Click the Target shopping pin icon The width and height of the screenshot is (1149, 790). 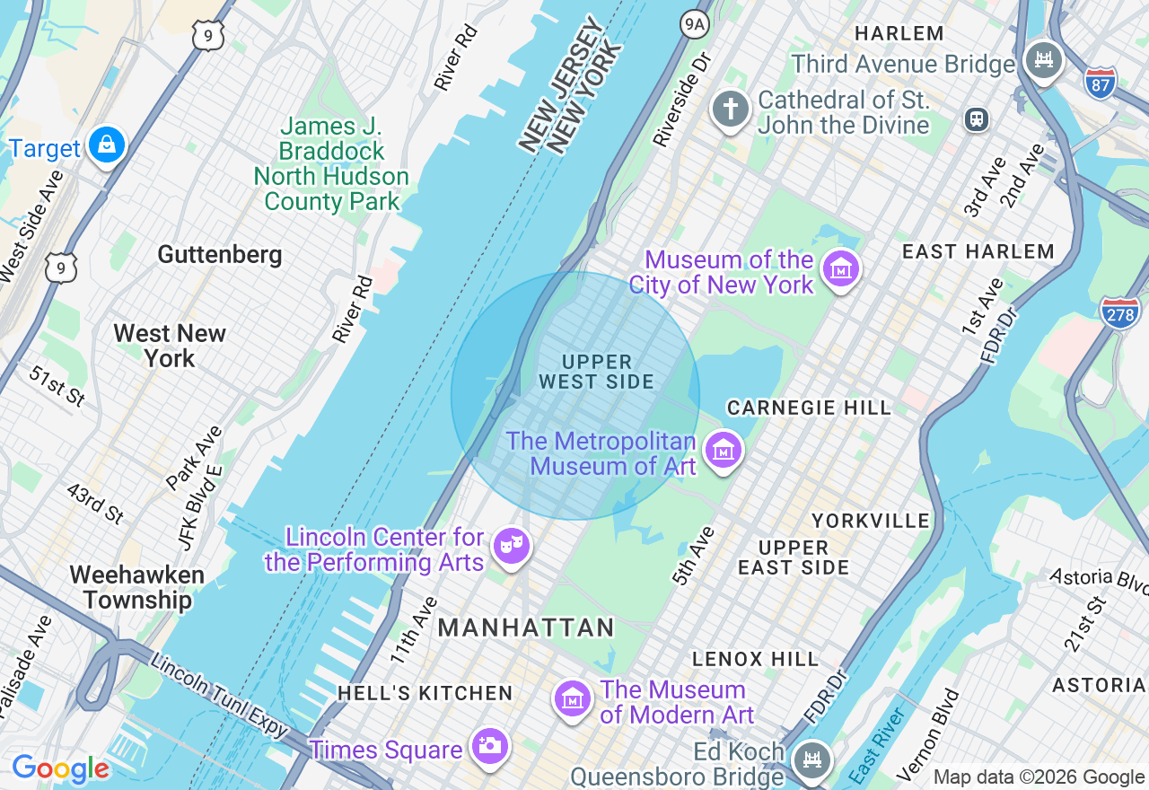tap(107, 145)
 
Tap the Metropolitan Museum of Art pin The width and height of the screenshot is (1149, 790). tap(724, 450)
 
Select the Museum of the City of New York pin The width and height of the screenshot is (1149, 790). tap(842, 268)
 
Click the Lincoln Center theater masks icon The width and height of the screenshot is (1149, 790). tap(512, 546)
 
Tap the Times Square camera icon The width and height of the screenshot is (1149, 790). tap(490, 746)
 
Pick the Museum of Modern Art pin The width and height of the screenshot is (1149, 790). tap(573, 698)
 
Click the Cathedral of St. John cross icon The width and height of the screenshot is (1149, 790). tap(731, 110)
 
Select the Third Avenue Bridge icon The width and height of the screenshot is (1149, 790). tap(1043, 60)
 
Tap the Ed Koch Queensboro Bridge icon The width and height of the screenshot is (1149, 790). tap(812, 759)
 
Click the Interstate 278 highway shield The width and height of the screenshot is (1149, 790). tap(1119, 312)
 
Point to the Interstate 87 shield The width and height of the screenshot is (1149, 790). tap(1101, 83)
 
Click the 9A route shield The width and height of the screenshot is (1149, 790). tap(694, 23)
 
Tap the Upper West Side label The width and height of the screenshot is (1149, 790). tap(597, 372)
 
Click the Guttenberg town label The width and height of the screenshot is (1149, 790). tap(220, 255)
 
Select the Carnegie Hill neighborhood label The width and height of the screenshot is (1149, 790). tap(809, 408)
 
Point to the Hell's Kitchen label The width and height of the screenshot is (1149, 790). tap(425, 693)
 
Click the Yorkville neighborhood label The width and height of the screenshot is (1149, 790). tap(871, 521)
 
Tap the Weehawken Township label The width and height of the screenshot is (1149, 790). tap(136, 587)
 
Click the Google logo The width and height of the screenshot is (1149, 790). tap(60, 768)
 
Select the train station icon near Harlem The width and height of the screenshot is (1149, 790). tap(976, 118)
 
